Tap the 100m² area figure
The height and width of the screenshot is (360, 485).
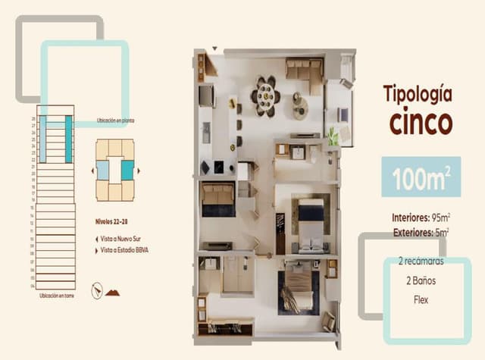(x=421, y=179)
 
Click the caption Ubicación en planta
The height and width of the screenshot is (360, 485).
(x=115, y=121)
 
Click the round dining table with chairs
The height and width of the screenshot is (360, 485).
(x=266, y=95)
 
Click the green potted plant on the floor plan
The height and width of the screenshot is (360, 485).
(x=332, y=137)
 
